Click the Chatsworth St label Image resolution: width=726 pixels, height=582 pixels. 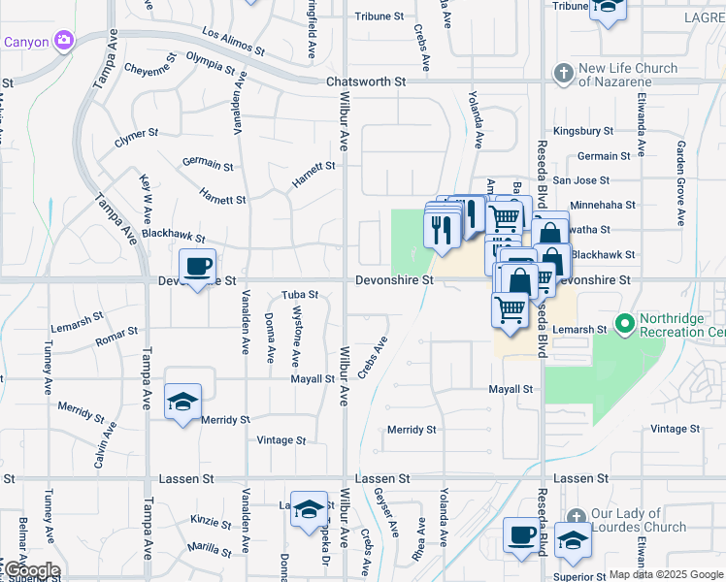(366, 82)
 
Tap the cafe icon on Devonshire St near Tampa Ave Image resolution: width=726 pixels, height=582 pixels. (198, 265)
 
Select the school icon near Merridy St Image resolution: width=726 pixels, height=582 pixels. (181, 402)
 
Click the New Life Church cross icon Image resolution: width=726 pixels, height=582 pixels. (563, 74)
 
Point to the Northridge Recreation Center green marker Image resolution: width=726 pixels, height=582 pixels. (625, 322)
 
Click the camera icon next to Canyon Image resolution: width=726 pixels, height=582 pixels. (64, 41)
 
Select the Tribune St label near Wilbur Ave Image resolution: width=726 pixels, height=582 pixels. (379, 16)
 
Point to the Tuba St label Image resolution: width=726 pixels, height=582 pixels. (300, 295)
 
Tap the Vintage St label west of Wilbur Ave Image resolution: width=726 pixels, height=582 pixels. (281, 440)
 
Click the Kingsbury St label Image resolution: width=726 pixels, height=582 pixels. (583, 131)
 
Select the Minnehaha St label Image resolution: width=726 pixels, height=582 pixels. (603, 206)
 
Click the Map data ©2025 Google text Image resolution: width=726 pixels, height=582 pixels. (667, 574)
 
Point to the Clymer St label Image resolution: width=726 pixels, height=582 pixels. (136, 136)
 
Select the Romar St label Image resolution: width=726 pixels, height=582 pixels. (116, 336)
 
